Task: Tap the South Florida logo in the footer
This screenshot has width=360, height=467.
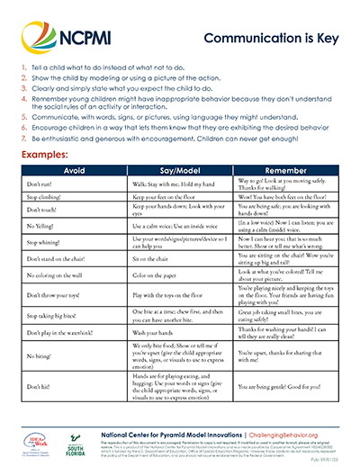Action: click(72, 442)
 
